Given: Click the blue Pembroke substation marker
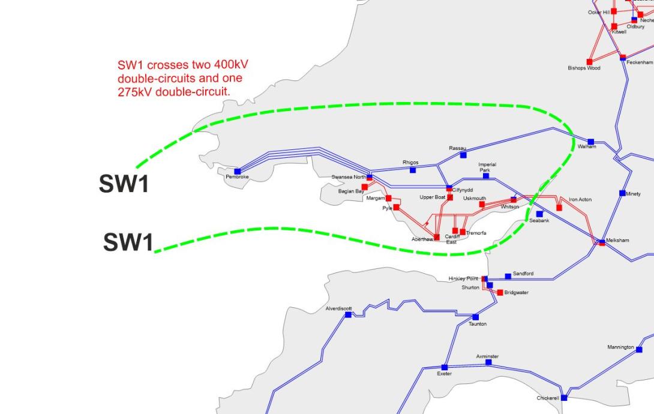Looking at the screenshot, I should [238, 172].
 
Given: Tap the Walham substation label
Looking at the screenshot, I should [587, 147].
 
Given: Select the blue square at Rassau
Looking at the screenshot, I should [463, 155].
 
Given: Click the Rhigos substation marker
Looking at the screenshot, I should [413, 170].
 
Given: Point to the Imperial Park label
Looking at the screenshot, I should [487, 167].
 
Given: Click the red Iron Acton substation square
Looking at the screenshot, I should [559, 208].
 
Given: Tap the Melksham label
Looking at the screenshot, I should [617, 240].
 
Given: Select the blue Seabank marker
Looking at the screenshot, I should [539, 214].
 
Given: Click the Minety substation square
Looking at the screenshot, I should [622, 193].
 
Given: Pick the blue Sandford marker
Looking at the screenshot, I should [508, 276].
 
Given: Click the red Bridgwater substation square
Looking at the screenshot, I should [500, 292].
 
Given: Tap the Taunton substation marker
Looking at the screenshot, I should [476, 317].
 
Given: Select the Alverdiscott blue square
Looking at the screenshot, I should [348, 314].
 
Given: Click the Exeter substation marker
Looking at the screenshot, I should [445, 367].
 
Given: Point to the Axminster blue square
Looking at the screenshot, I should [488, 362].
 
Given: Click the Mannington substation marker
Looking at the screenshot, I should [639, 349].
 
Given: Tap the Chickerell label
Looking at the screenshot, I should [547, 398].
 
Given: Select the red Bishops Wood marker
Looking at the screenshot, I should [589, 62].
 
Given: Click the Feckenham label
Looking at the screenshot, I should [640, 62].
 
